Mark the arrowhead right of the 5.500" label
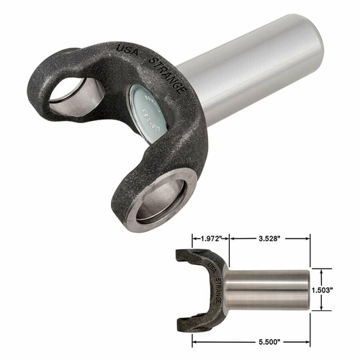[310, 336]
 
